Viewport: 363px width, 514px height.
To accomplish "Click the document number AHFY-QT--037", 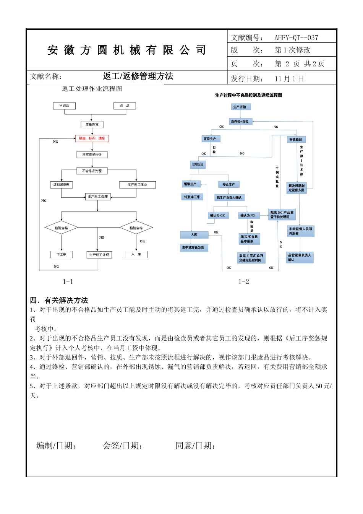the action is click(296, 37).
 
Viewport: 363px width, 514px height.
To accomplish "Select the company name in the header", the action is click(127, 50).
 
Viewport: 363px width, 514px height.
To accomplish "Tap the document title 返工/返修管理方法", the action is click(138, 76).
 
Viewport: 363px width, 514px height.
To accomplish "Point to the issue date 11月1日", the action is click(289, 79).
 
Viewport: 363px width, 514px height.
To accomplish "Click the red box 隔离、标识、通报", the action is click(92, 138).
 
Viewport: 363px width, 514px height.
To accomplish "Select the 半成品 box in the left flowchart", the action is click(64, 106).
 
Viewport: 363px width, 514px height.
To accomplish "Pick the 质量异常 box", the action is click(92, 125).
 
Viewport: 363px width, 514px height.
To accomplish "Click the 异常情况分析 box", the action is click(92, 155).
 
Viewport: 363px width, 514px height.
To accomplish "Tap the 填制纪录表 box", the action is click(62, 185).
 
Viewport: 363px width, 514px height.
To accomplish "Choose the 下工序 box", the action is click(62, 254).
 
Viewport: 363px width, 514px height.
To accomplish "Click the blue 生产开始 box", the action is click(240, 107).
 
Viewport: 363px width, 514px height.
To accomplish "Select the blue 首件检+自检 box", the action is click(240, 122).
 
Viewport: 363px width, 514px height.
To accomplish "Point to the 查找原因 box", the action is click(296, 140).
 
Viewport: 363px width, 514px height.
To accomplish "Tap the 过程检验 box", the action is click(198, 164).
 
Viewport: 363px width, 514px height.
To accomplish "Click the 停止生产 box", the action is click(228, 185).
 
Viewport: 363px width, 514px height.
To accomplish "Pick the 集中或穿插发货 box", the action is click(194, 247).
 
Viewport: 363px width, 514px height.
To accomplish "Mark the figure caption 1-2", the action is click(244, 282).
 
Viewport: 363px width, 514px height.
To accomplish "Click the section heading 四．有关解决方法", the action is click(59, 300).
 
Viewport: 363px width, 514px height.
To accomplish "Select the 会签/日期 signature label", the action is click(123, 446).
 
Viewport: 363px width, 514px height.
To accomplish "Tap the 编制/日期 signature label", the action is click(56, 446).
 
